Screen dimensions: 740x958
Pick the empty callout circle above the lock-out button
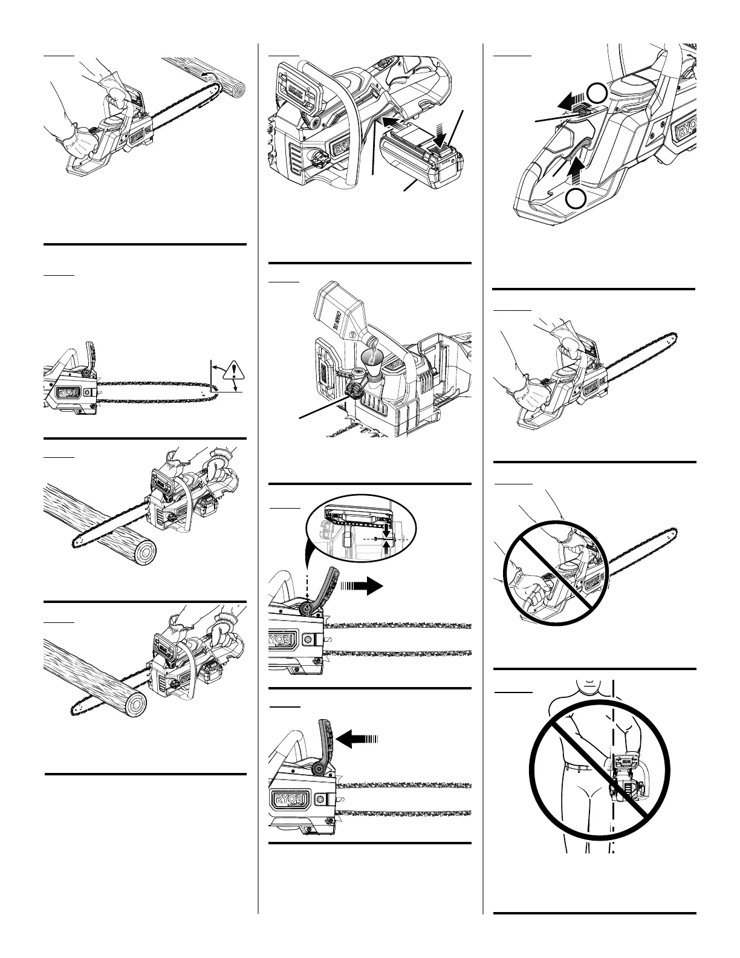point(597,93)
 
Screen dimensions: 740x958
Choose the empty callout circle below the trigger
point(577,198)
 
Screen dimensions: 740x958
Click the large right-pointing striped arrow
point(362,585)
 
